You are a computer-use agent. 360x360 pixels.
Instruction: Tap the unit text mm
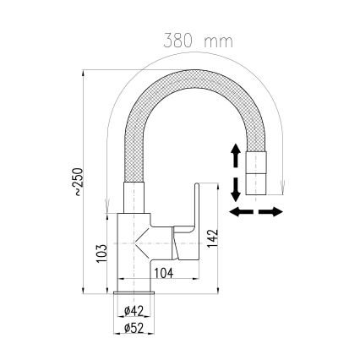[x=218, y=41]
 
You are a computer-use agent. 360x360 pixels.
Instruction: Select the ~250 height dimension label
[x=78, y=183]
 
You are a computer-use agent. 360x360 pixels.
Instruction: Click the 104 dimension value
[x=166, y=271]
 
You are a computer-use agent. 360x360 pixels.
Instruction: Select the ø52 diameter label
[x=130, y=328]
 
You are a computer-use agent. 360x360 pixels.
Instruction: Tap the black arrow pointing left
[x=242, y=210]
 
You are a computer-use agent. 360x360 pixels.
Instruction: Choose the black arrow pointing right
[x=272, y=210]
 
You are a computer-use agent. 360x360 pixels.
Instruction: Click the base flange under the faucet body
[x=130, y=293]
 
